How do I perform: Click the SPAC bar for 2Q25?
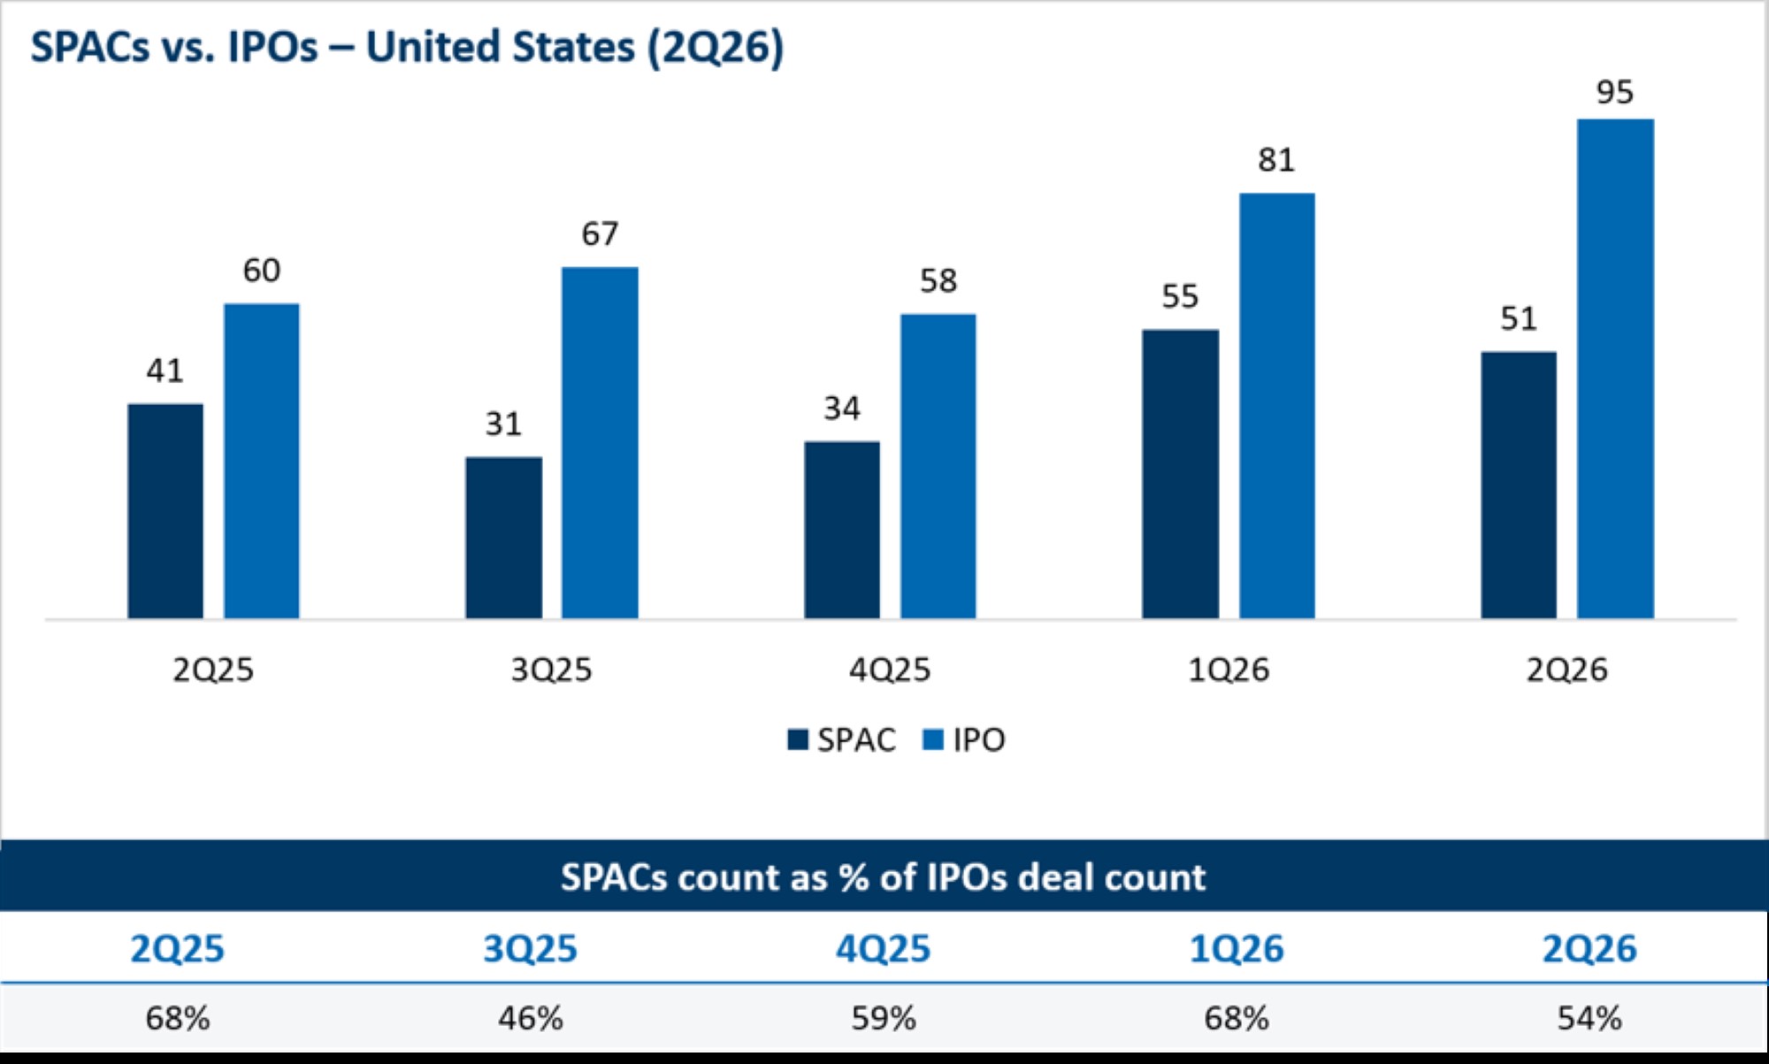[165, 511]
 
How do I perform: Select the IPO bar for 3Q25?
[600, 443]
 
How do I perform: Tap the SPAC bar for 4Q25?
[842, 530]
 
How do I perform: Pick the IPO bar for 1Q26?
[1277, 406]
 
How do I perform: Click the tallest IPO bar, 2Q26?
[1615, 369]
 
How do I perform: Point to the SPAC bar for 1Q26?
[1181, 474]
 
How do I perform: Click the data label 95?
[1614, 92]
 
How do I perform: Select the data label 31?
[503, 424]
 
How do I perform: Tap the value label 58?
[938, 281]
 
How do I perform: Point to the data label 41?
[165, 371]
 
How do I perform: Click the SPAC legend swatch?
[798, 739]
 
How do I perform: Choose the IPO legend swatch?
[933, 739]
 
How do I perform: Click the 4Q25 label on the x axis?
[890, 670]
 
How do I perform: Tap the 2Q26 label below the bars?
[1566, 670]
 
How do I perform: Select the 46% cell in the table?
[531, 1018]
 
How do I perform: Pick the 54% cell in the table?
[1589, 1018]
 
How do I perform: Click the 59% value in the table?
[884, 1018]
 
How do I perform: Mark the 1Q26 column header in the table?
[1237, 949]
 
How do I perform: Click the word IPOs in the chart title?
[272, 47]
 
